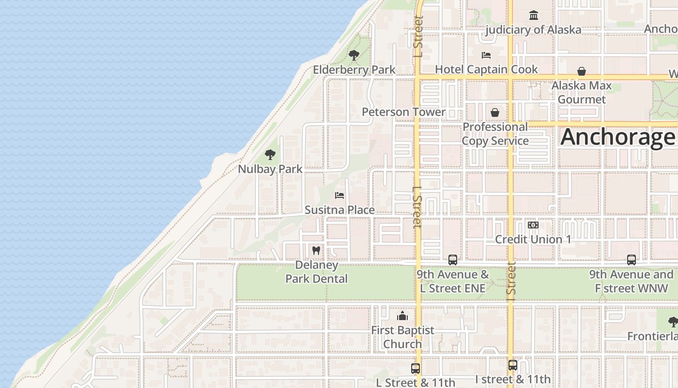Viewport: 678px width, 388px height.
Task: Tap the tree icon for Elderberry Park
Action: (x=354, y=55)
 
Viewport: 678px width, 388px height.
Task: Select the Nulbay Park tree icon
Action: (x=270, y=155)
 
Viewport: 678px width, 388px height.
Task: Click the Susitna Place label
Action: (x=339, y=210)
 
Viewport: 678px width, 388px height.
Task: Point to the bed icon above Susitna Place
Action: (x=339, y=195)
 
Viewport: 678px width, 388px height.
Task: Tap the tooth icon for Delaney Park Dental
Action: (x=316, y=251)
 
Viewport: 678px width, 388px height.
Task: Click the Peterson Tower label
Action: (x=403, y=112)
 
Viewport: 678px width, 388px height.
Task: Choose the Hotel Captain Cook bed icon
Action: (x=486, y=55)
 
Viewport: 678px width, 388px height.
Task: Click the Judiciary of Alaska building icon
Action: (x=534, y=16)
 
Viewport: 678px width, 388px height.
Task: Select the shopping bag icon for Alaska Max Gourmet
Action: (x=582, y=72)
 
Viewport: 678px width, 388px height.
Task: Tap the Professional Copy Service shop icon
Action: (x=495, y=113)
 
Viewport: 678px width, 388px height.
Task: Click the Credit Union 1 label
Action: (x=533, y=240)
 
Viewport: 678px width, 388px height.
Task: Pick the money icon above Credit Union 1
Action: (x=533, y=225)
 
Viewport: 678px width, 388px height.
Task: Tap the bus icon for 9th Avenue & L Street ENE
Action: (x=453, y=260)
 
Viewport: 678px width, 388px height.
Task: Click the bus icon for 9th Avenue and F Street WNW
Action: (x=632, y=260)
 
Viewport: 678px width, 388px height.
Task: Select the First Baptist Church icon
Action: (x=402, y=317)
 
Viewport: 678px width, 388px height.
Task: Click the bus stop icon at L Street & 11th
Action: (x=416, y=369)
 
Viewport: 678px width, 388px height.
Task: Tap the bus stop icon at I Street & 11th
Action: (x=513, y=365)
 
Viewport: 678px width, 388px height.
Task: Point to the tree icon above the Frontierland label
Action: (x=673, y=322)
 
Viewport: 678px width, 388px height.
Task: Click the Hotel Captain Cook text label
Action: (x=486, y=69)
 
